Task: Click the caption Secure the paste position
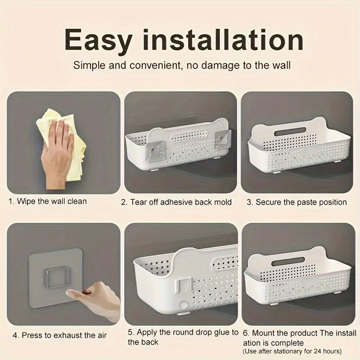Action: point(297,202)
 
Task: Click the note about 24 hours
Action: point(292,351)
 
